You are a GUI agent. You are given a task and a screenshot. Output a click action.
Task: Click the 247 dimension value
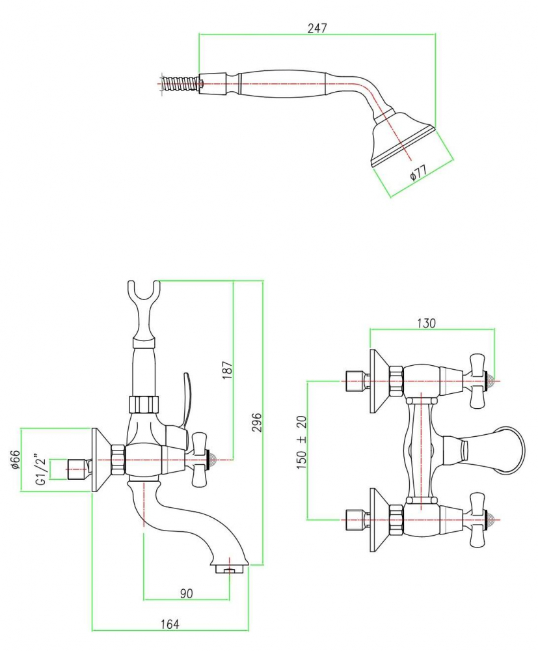pos(317,28)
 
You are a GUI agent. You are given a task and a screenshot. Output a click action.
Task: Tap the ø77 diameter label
pos(418,174)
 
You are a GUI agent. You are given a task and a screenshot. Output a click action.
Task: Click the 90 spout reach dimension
pos(187,593)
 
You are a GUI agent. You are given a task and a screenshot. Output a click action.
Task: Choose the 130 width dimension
pos(426,323)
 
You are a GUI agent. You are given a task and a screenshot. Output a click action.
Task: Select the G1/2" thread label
pos(40,470)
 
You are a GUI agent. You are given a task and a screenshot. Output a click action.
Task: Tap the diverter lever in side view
pos(185,397)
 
